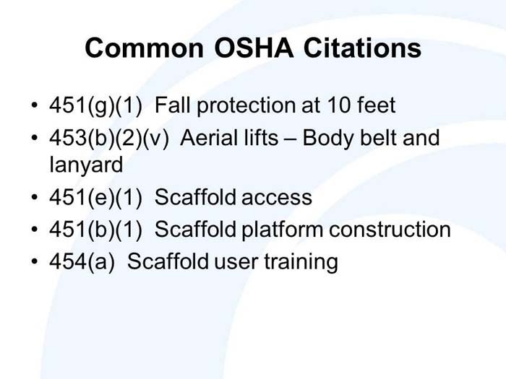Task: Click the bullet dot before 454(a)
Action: point(34,262)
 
